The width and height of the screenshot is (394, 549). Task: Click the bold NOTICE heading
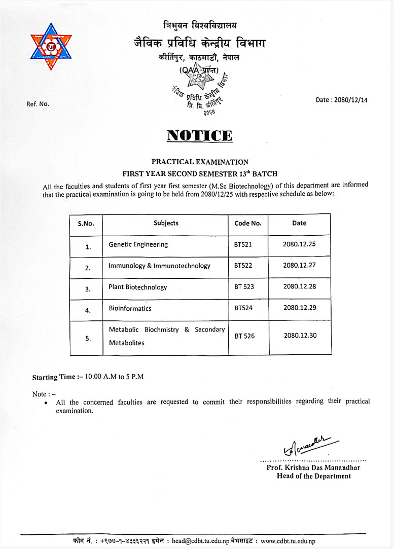(x=200, y=135)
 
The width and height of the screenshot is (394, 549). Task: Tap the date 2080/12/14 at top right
(x=341, y=100)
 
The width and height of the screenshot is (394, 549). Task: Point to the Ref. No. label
(x=38, y=104)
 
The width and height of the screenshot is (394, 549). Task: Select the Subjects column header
(x=166, y=223)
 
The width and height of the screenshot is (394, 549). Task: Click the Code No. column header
(x=248, y=224)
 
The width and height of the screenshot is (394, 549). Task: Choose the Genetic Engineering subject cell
(x=138, y=244)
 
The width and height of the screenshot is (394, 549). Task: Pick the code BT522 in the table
(x=243, y=266)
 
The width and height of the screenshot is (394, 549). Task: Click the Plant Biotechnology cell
(x=137, y=287)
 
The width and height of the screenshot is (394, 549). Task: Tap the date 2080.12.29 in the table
(x=299, y=308)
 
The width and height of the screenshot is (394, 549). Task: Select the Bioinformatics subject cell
(x=130, y=308)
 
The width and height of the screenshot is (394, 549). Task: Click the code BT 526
(x=244, y=336)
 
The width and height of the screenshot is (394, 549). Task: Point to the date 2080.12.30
(x=300, y=335)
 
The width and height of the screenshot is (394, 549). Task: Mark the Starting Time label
(x=53, y=377)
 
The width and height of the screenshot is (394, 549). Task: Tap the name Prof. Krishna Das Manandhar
(x=313, y=467)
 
